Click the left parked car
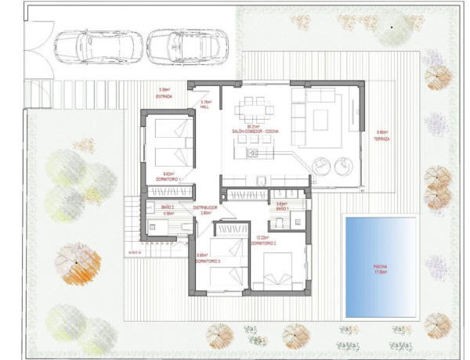99,45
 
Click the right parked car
188,45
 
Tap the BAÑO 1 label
283,208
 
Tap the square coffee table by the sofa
320,119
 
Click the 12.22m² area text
262,237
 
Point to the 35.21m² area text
253,126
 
